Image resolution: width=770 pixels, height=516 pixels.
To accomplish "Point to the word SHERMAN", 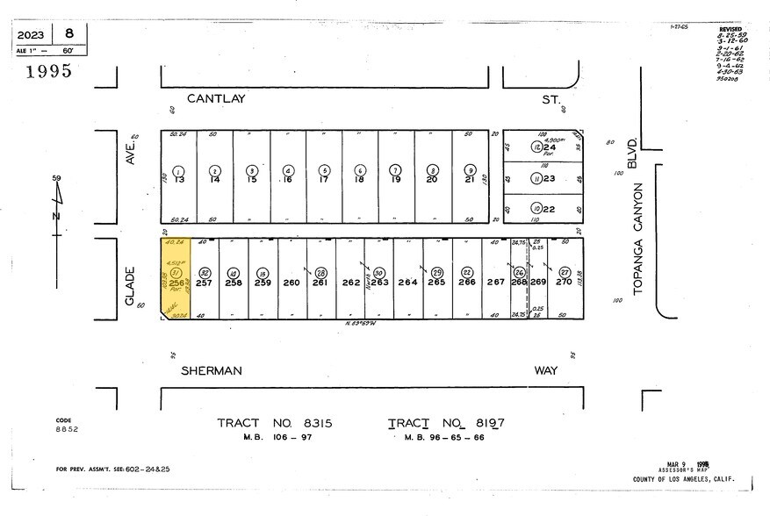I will pyautogui.click(x=212, y=371).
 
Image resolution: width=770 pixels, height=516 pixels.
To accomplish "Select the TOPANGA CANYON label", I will pyautogui.click(x=638, y=238).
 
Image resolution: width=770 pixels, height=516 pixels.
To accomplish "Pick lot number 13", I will pyautogui.click(x=178, y=179).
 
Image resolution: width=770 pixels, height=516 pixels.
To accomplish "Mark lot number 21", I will pyautogui.click(x=470, y=179).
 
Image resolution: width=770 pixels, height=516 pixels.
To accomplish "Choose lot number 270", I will pyautogui.click(x=565, y=282).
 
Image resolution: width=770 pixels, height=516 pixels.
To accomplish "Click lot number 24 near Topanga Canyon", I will pyautogui.click(x=550, y=147).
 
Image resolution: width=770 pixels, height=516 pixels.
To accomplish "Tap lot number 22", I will pyautogui.click(x=550, y=208).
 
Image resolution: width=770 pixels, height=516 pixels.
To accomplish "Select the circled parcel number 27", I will pyautogui.click(x=565, y=272).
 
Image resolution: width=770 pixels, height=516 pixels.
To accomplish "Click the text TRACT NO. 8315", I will pyautogui.click(x=275, y=424).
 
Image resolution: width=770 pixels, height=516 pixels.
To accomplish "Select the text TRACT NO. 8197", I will pyautogui.click(x=446, y=424).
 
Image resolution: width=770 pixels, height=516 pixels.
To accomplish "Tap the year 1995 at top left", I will pyautogui.click(x=48, y=72).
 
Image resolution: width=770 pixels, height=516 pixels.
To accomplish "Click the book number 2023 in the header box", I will pyautogui.click(x=31, y=35).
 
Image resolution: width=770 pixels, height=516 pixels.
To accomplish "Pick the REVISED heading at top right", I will pyautogui.click(x=730, y=29).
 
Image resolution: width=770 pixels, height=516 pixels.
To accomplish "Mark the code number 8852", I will pyautogui.click(x=68, y=430).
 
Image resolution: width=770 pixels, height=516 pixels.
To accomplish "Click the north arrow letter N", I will pyautogui.click(x=56, y=216).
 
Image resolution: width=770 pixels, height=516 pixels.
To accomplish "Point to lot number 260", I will pyautogui.click(x=291, y=282).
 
